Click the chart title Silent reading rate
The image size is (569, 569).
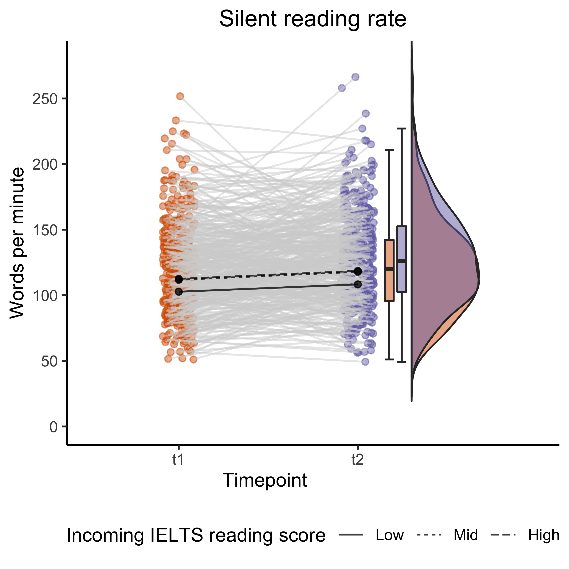[313, 19]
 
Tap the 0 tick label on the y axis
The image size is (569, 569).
[53, 427]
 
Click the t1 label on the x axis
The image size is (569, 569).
[178, 460]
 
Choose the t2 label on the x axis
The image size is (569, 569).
[358, 460]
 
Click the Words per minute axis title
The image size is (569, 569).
[17, 243]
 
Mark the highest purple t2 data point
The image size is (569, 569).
[356, 77]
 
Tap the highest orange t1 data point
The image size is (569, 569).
[180, 96]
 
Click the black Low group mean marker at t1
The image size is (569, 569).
[178, 292]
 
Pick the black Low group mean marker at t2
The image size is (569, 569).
[358, 284]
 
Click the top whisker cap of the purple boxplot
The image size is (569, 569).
[402, 129]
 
